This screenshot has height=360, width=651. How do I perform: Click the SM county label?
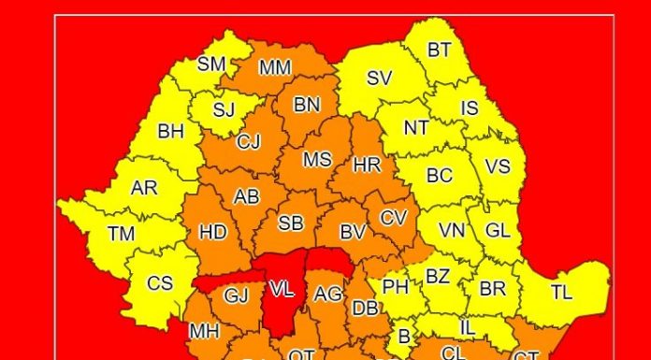point(212,65)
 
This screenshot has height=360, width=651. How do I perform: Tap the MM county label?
point(275,67)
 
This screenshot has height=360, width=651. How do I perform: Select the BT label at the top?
point(439,50)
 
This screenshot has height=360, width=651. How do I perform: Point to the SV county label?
point(379,79)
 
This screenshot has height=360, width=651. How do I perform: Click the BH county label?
point(171,132)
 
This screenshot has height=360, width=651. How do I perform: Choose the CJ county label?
point(249,142)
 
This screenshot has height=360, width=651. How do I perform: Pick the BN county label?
point(307,105)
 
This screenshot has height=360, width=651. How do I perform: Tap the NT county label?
point(416,127)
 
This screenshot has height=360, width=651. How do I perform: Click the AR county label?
point(144,187)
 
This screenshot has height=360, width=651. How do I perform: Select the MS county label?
point(317,159)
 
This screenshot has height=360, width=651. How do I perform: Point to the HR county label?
point(368,165)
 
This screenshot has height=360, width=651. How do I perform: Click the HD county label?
point(213,231)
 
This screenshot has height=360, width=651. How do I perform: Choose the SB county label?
point(291,223)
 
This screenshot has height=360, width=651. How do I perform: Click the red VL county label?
point(282,289)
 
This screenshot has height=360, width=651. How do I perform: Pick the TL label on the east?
point(561,292)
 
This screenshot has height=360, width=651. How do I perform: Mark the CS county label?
point(160,282)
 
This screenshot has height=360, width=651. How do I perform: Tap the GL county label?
point(498,229)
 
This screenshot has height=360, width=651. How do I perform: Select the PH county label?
point(396,287)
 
